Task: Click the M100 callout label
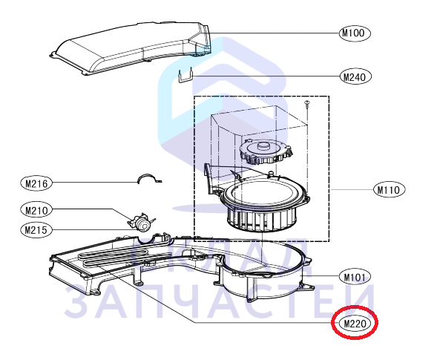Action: pyautogui.click(x=355, y=33)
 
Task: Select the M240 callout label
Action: pyautogui.click(x=355, y=76)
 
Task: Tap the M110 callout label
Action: pyautogui.click(x=390, y=189)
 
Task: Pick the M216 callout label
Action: pyautogui.click(x=36, y=183)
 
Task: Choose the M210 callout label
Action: pyautogui.click(x=36, y=210)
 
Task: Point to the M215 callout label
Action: pyautogui.click(x=36, y=230)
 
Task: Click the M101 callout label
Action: pyautogui.click(x=355, y=277)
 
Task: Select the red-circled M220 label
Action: pyautogui.click(x=355, y=323)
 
